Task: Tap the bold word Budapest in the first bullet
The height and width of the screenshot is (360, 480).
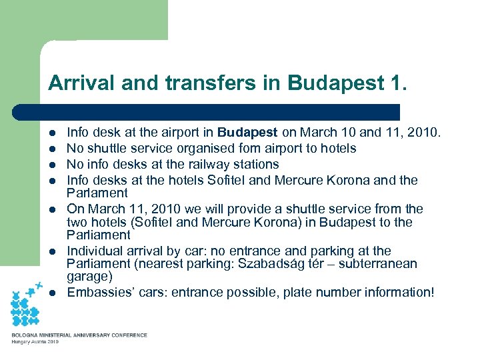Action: point(247,133)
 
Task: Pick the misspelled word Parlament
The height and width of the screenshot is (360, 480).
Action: point(97,193)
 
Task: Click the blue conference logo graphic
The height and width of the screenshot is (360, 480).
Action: point(29,305)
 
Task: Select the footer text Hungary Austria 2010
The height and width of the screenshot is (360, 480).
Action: point(35,342)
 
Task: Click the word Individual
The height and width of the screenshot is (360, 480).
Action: point(95,251)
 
